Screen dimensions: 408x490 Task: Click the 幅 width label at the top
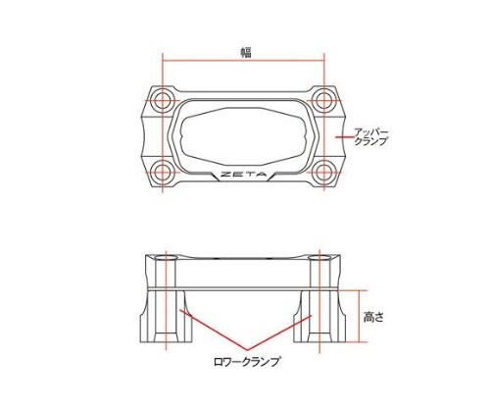[x=246, y=53]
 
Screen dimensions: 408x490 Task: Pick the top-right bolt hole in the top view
[x=324, y=99]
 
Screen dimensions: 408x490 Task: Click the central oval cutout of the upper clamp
[x=244, y=137]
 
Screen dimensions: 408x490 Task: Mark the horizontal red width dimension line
[x=244, y=62]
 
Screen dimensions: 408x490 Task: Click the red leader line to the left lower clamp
[x=216, y=333]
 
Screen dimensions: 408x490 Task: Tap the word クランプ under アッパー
[x=373, y=142]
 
